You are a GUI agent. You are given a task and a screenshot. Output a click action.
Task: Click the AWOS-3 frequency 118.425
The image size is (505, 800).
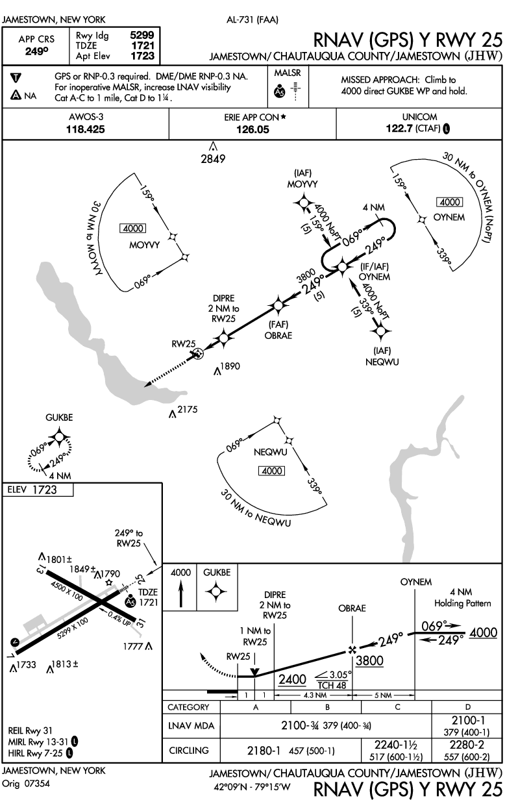86,129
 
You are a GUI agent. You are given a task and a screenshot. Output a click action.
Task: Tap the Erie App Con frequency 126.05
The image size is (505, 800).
252,129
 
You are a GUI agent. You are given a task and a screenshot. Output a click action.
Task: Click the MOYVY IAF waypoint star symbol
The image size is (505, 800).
303,204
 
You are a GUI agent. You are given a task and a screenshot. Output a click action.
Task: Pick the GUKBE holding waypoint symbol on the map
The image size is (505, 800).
60,438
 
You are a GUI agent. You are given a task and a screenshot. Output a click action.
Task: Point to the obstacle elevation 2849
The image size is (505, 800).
213,158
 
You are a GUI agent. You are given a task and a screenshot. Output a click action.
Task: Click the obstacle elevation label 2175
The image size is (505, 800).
186,409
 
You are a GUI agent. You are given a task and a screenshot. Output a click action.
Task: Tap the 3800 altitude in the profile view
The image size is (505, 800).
369,661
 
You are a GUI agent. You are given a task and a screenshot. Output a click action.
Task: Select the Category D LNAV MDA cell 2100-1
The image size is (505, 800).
463,719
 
